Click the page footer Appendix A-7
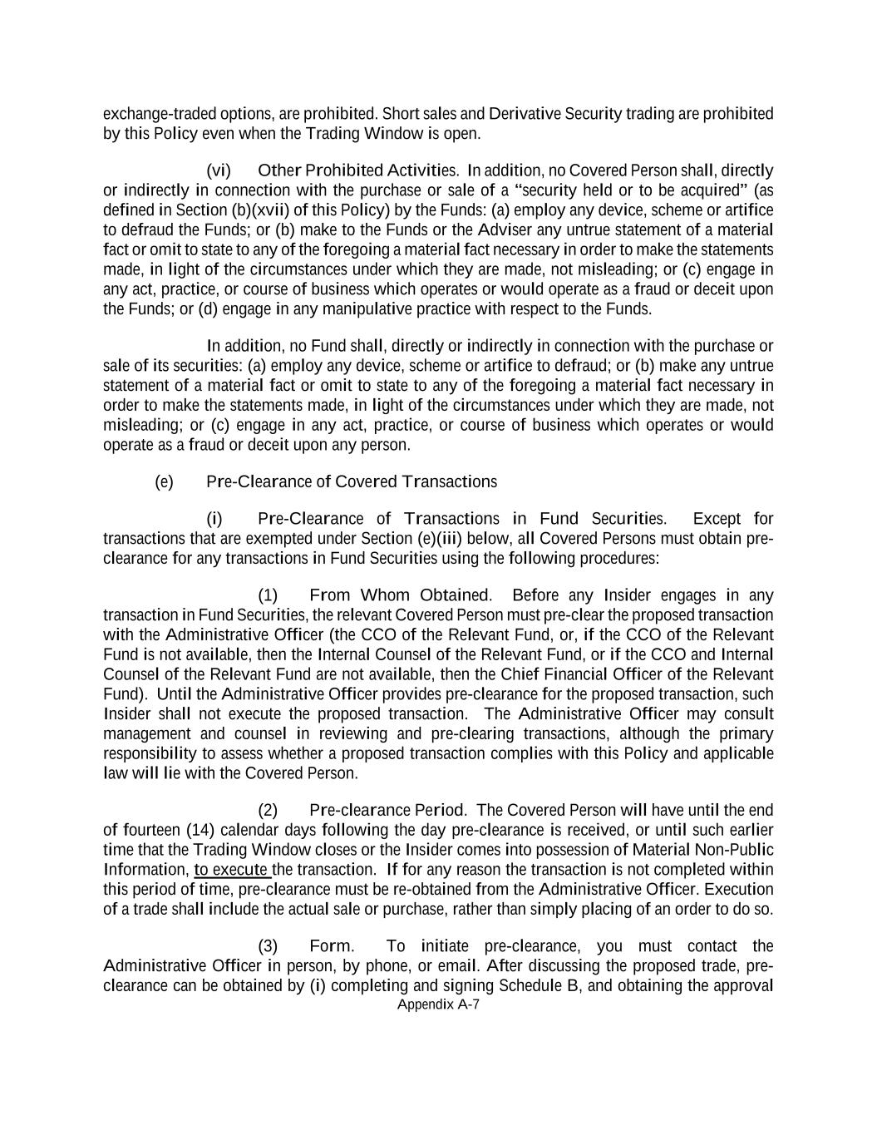(439, 1004)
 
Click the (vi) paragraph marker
(219, 170)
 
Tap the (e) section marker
(164, 482)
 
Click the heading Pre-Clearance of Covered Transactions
(351, 482)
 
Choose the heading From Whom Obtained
(400, 595)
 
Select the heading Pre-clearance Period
(387, 810)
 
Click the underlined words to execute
(232, 870)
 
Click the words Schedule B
(544, 986)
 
